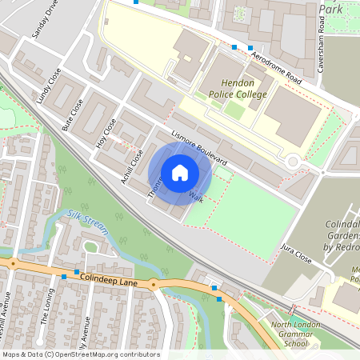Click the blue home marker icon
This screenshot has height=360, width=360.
click(180, 172)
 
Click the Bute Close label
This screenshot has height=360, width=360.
click(73, 114)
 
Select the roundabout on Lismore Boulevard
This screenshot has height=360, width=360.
click(294, 162)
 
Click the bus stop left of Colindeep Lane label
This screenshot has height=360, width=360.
click(63, 277)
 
